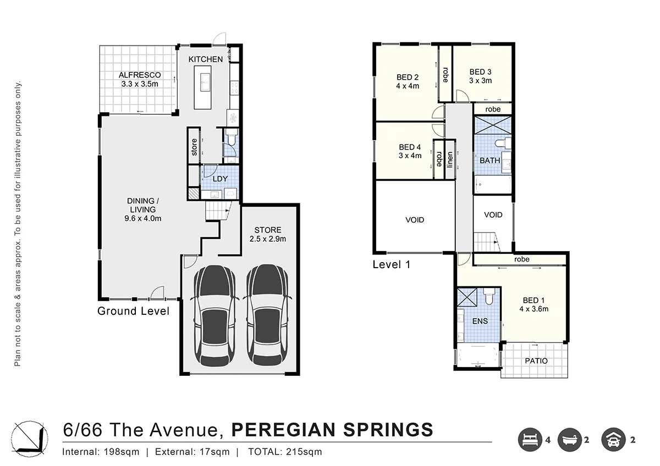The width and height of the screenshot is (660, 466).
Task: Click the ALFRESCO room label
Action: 140,75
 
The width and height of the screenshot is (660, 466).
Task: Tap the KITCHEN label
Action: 206,59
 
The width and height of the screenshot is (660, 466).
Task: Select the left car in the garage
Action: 215,316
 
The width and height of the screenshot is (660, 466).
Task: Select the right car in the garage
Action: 267,316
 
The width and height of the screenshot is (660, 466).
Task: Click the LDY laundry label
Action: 220,179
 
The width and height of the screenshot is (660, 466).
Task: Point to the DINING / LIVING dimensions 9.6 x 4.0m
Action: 143,218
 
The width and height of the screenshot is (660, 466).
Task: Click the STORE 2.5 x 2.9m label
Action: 268,234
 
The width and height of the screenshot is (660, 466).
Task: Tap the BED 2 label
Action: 408,77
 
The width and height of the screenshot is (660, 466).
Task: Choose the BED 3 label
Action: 481,72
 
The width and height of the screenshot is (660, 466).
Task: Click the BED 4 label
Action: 410,147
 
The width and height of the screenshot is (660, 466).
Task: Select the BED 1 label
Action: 533,300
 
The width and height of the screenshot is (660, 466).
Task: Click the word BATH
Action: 490,160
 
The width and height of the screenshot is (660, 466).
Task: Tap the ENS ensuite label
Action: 480,321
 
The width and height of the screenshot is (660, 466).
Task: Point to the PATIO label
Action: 536,361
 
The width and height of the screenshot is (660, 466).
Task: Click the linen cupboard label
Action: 450,160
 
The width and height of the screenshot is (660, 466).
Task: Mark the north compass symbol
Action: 30,439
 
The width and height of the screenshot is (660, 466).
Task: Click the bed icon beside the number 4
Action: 530,440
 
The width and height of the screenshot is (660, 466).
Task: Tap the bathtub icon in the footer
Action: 570,440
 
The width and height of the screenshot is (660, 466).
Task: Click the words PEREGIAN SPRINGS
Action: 332,430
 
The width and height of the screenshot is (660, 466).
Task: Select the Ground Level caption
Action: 134,311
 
